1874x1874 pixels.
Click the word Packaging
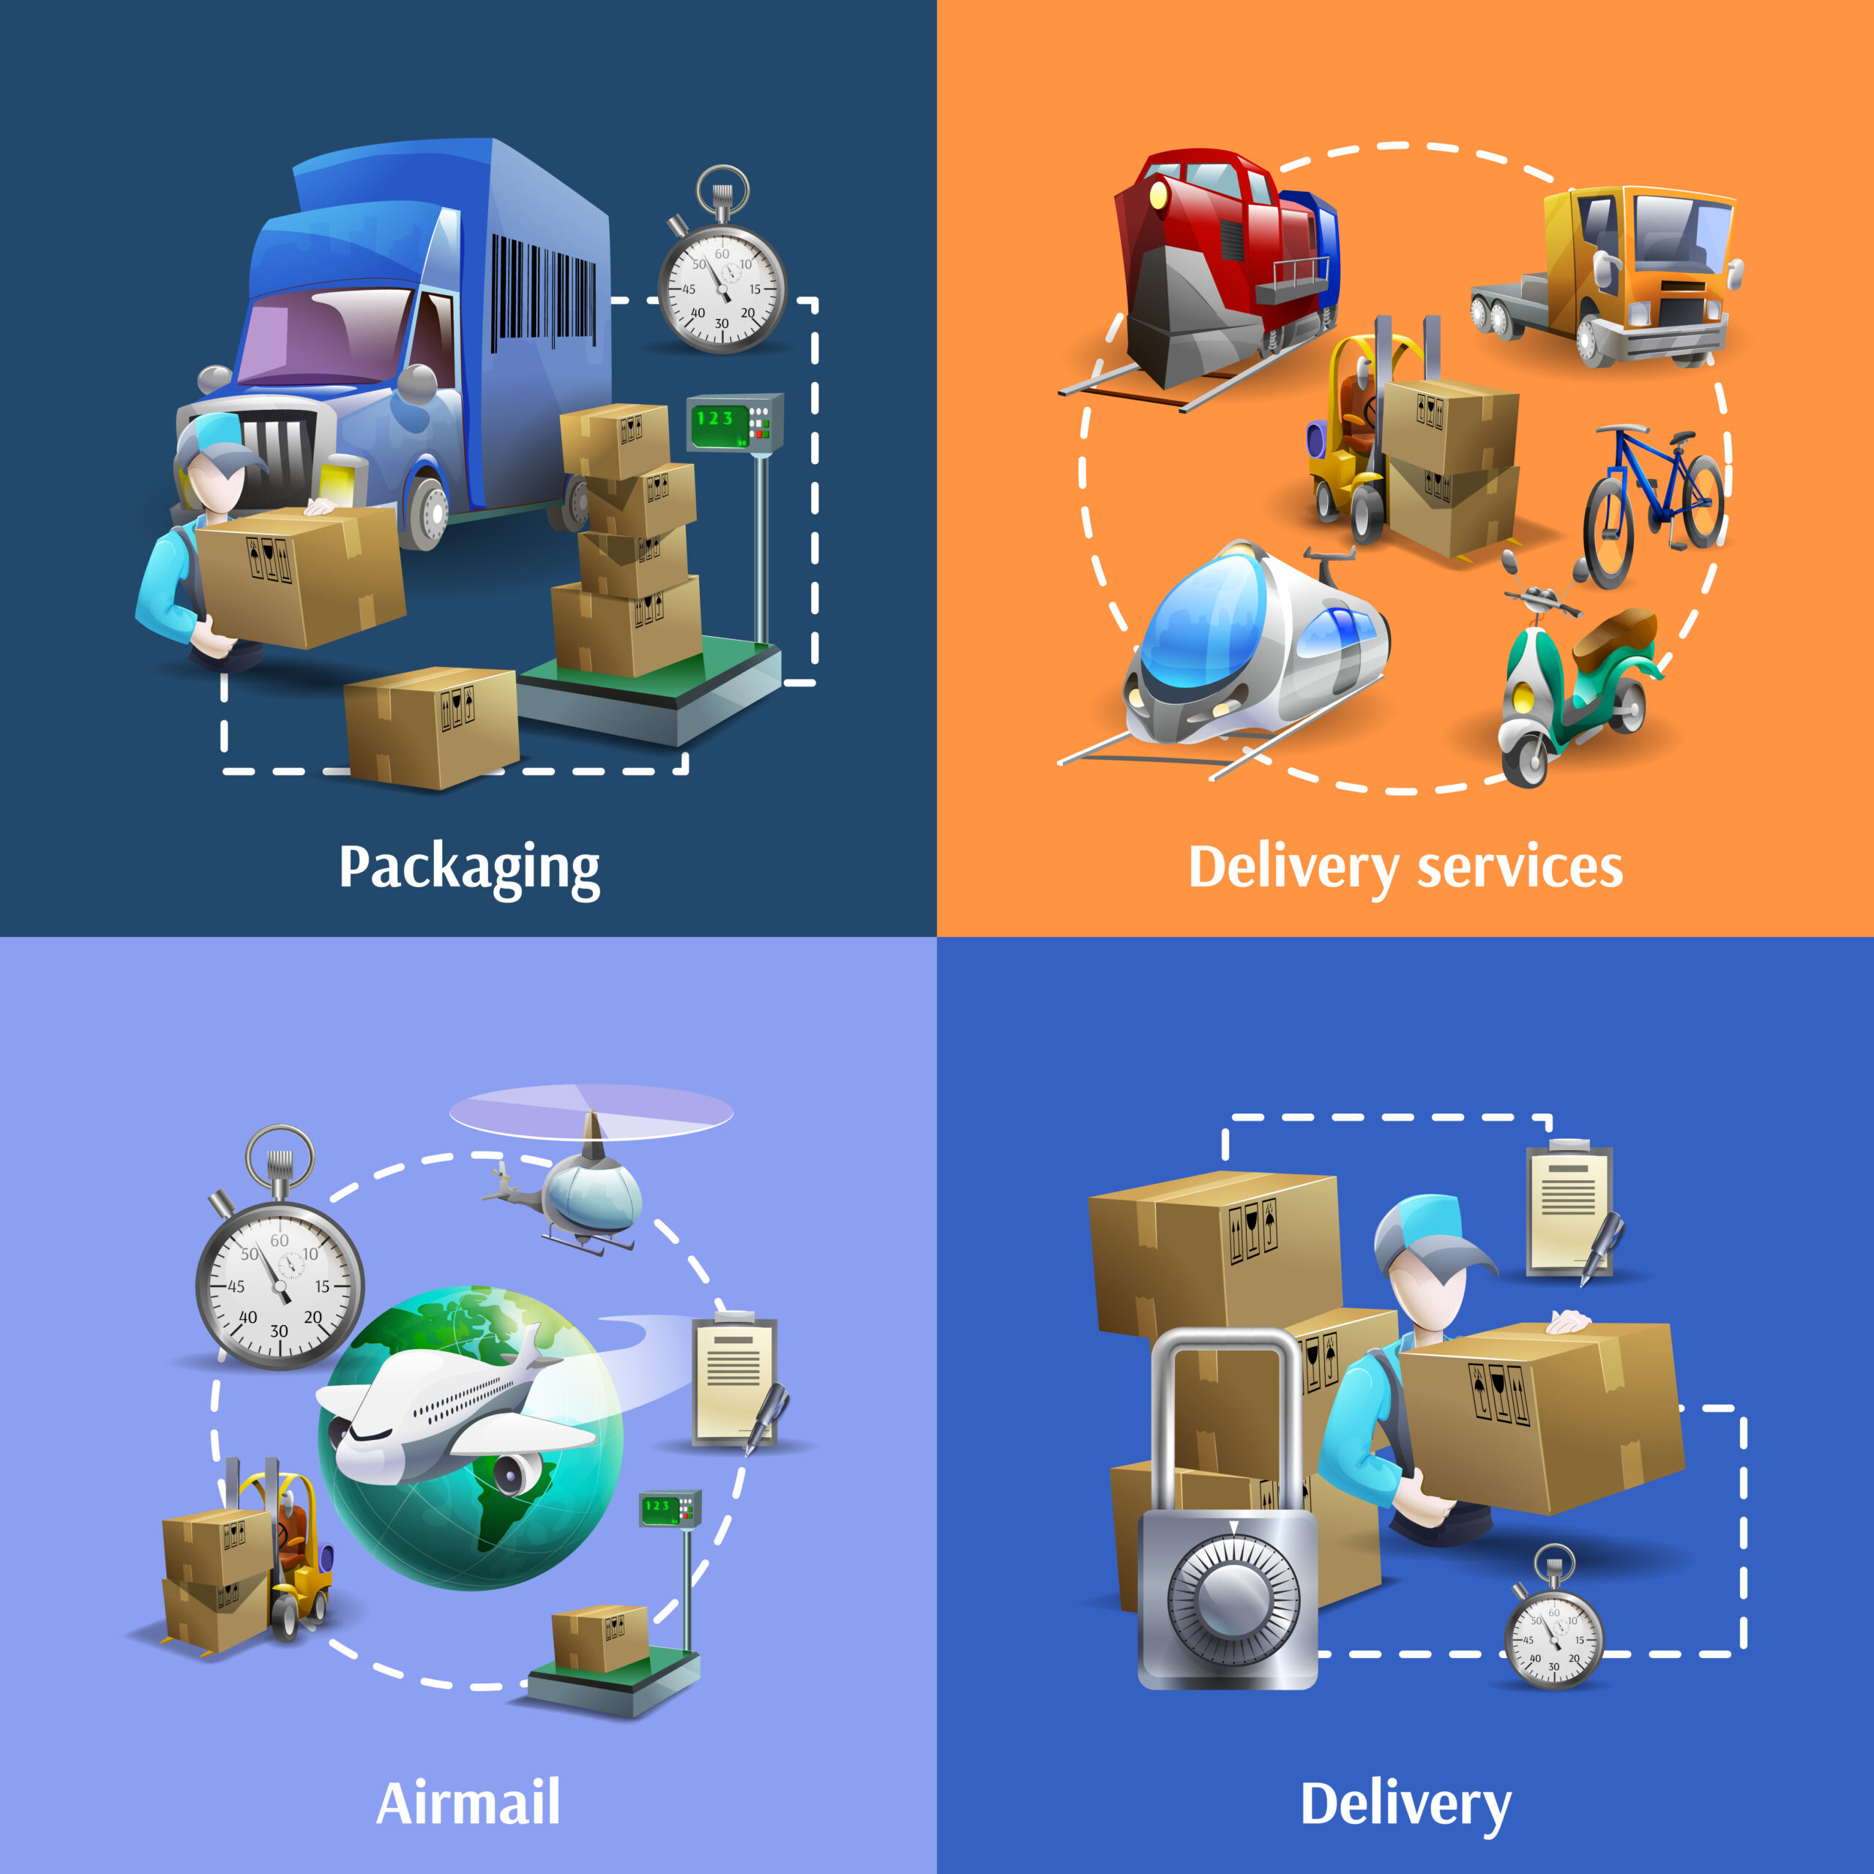[468, 867]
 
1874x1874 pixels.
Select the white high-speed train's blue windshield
[1201, 621]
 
